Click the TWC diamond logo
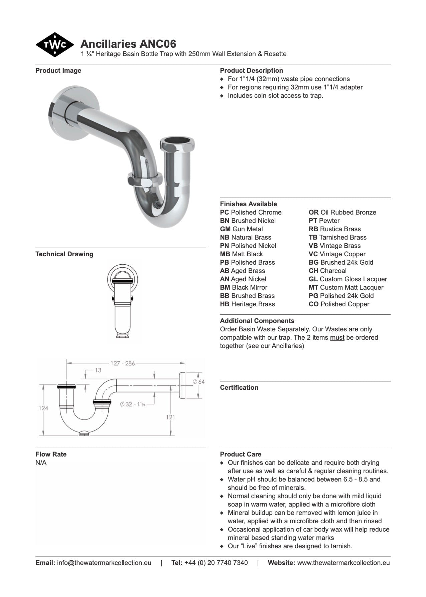54,45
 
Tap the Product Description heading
251,70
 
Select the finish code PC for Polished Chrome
225,212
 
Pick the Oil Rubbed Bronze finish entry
342,212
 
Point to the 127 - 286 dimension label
123,363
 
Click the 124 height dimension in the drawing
43,408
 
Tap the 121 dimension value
170,417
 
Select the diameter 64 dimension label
199,381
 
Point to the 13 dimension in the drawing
98,370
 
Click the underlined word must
337,337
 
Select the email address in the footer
104,563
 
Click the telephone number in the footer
216,563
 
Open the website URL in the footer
343,563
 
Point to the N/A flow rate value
41,463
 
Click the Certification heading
239,387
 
